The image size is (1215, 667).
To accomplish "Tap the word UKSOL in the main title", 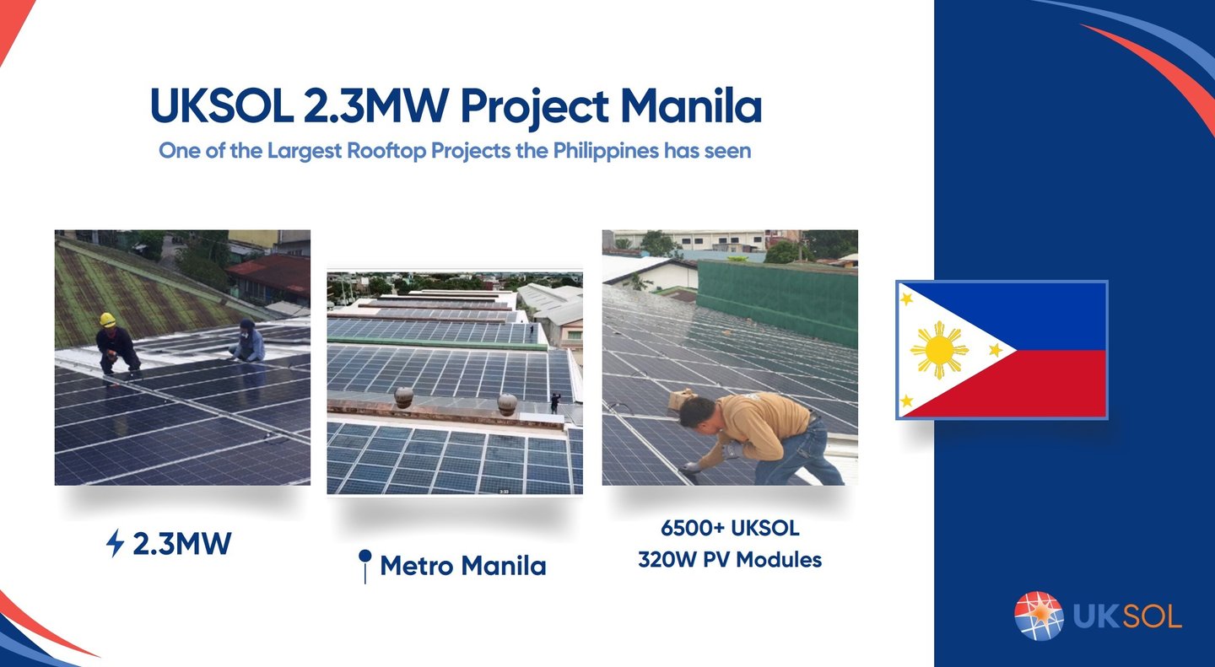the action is click(222, 105).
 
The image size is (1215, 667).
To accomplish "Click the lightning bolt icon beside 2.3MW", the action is click(115, 543).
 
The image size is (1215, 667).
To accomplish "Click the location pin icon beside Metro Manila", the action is click(365, 566).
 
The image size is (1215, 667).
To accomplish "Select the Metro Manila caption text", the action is click(462, 566).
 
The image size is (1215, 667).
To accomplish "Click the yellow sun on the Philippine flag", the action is click(939, 350).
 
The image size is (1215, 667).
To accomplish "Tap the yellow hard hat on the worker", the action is click(107, 320).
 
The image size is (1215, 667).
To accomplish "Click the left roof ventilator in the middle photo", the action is click(403, 397).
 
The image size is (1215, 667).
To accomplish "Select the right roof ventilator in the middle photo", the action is click(507, 405).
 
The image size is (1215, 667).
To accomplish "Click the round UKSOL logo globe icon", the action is click(1039, 616).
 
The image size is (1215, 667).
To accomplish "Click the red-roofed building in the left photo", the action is click(271, 277).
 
